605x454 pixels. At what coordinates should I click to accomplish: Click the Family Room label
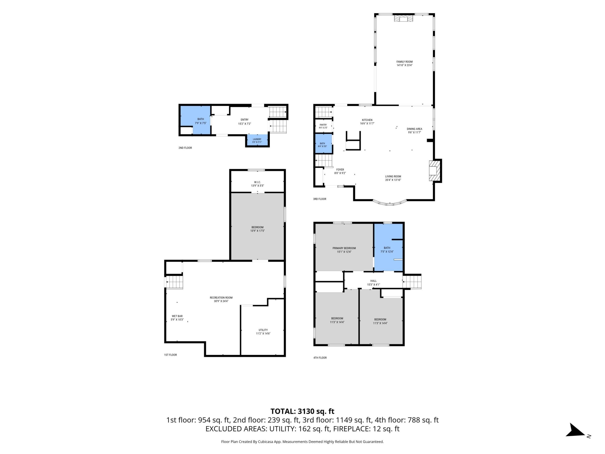[405, 62]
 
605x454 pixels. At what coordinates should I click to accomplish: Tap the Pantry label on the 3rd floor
[323, 125]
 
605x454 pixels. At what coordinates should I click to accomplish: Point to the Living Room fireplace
[434, 171]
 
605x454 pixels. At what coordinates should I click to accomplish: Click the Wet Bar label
[177, 316]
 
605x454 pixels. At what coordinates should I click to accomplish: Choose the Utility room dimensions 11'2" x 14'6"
[263, 334]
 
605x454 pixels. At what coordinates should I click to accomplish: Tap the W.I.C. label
[257, 182]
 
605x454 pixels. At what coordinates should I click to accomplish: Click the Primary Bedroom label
[344, 248]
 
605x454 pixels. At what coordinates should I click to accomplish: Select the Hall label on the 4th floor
[373, 281]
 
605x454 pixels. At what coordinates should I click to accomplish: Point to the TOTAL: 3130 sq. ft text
[302, 411]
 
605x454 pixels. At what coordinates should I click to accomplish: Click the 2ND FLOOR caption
[185, 148]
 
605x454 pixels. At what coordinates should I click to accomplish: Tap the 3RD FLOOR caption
[320, 199]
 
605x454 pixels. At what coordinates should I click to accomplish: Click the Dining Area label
[414, 129]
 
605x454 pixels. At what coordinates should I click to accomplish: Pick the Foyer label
[340, 170]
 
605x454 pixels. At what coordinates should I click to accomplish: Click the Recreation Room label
[221, 298]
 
